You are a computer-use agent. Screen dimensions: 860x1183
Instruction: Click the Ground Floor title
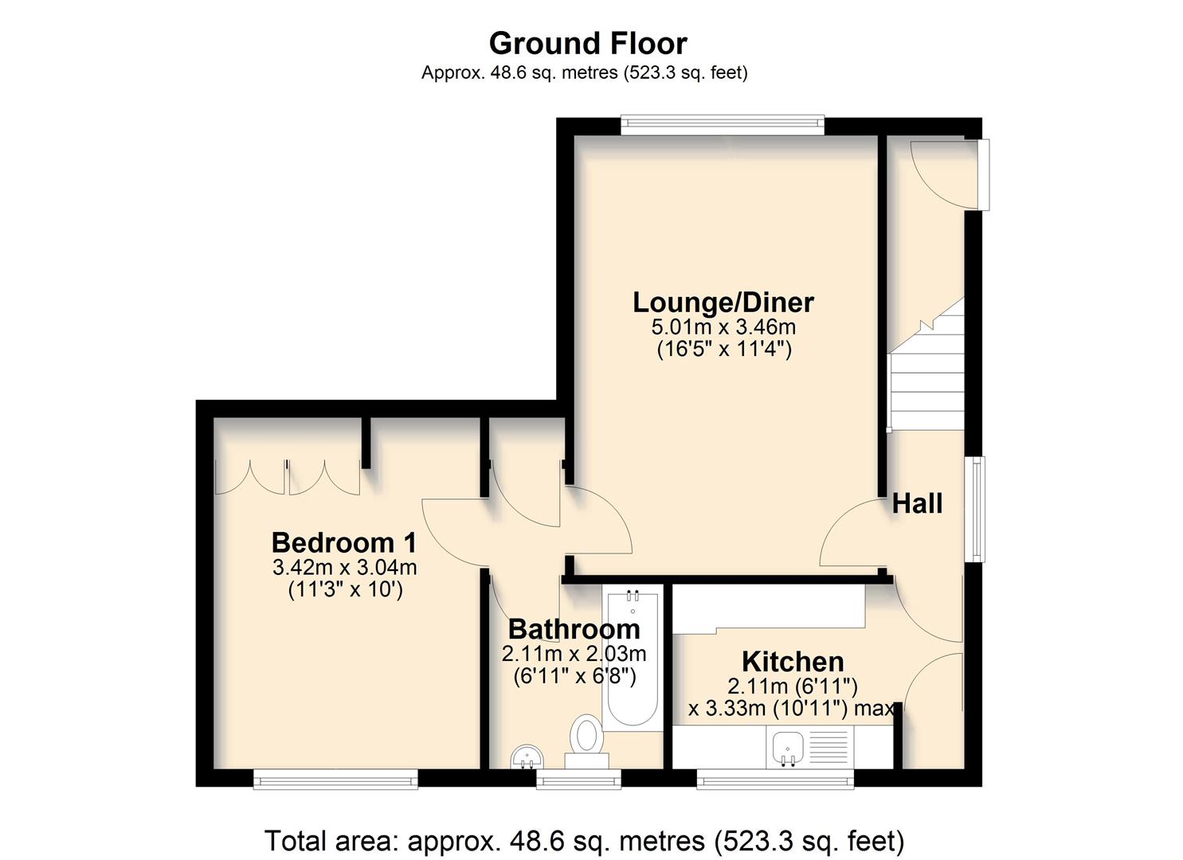[588, 43]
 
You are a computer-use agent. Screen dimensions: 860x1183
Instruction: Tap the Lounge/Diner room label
[723, 303]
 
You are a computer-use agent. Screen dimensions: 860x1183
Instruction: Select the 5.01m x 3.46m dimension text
[723, 327]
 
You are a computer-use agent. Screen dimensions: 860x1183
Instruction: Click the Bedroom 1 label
[344, 543]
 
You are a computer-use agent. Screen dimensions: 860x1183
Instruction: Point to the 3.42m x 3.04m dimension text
[344, 568]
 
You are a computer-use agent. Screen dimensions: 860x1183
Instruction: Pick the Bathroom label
[574, 629]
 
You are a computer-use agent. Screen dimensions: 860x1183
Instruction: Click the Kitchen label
[793, 662]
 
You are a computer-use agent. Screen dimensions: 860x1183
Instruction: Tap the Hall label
[917, 503]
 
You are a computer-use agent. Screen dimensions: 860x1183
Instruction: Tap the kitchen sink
[788, 749]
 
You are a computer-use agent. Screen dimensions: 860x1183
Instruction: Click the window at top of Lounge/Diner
[723, 122]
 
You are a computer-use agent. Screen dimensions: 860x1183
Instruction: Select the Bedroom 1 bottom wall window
[335, 778]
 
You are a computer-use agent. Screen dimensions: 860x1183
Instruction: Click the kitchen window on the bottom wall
[775, 778]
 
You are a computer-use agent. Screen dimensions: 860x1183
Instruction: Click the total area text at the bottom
[584, 841]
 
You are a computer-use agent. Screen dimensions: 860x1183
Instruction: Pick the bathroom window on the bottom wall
[578, 778]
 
